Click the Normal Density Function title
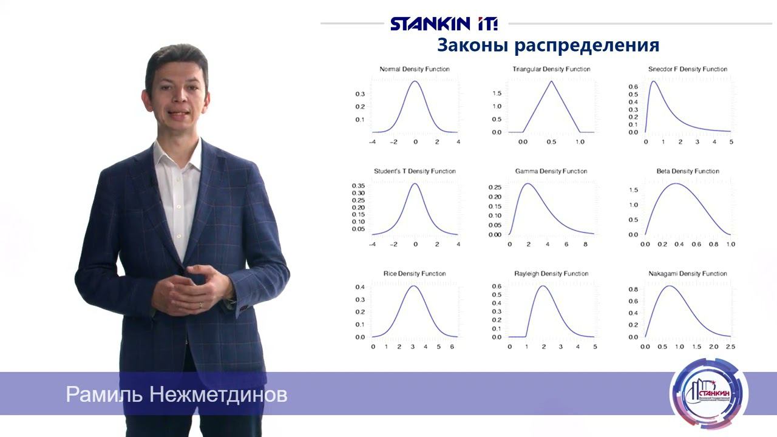point(415,69)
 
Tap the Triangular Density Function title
point(551,69)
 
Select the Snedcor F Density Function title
point(687,69)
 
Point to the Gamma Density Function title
point(551,171)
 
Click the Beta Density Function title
point(688,171)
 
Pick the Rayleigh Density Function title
point(551,274)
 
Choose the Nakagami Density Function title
point(687,274)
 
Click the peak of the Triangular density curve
point(551,81)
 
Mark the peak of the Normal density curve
point(415,81)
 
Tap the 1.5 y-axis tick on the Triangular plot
point(497,93)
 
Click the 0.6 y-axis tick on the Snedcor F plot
point(633,87)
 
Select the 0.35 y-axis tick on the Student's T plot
point(358,186)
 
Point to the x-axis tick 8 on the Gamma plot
point(585,244)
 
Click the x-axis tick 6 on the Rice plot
point(451,347)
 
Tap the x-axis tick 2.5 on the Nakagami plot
point(730,347)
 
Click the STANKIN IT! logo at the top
point(444,24)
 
